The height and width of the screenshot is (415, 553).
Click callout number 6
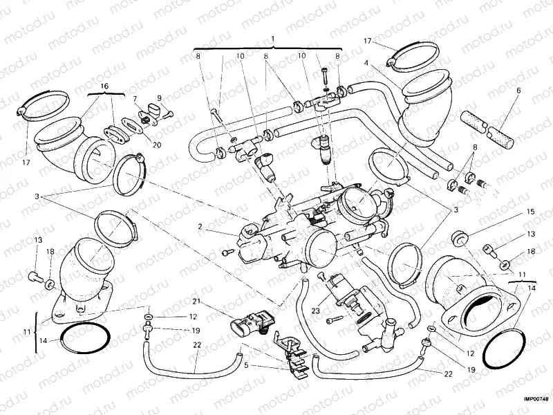(518, 90)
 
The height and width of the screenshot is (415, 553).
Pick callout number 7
(135, 99)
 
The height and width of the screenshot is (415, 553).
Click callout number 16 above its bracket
(105, 86)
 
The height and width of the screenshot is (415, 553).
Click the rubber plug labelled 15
(458, 239)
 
